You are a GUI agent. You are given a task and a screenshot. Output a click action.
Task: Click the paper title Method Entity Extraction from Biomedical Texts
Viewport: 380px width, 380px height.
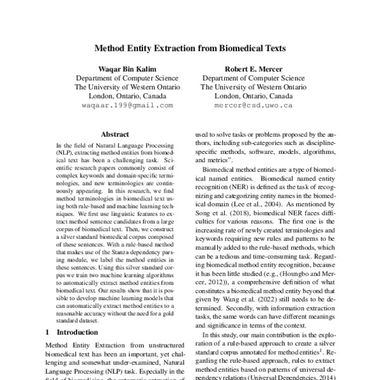pyautogui.click(x=190, y=47)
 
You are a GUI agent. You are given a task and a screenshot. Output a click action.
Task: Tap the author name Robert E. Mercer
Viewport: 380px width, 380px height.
pyautogui.click(x=253, y=68)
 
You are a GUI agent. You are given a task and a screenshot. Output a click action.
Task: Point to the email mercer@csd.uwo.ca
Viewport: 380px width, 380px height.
pyautogui.click(x=253, y=105)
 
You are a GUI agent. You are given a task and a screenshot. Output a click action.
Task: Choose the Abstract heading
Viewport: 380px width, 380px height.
pyautogui.click(x=115, y=134)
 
